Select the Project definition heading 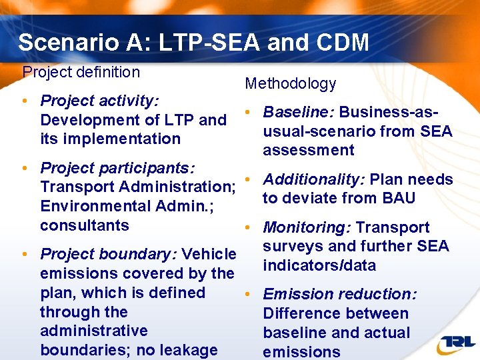(x=81, y=72)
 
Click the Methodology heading (x=291, y=83)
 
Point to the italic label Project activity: (x=100, y=101)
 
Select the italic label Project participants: (x=117, y=167)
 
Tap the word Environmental (x=96, y=206)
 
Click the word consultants (x=85, y=225)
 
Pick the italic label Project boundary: (x=109, y=254)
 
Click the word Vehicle (x=209, y=254)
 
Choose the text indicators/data (x=319, y=265)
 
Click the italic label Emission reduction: (x=340, y=294)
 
